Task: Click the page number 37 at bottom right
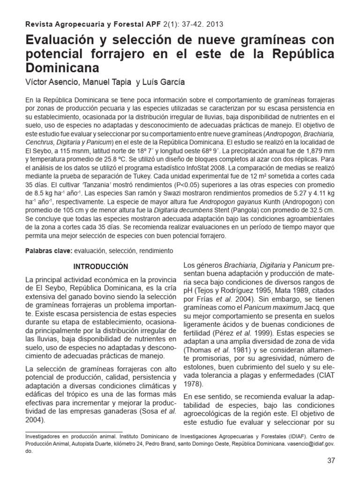(x=331, y=460)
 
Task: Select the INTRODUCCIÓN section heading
(x=101, y=266)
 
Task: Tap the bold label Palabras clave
(x=48, y=251)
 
